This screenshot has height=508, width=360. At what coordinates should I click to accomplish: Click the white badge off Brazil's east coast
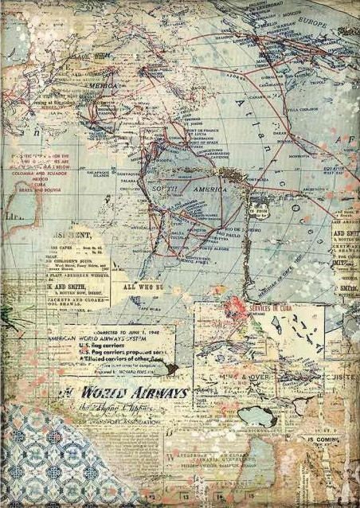(258, 210)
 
